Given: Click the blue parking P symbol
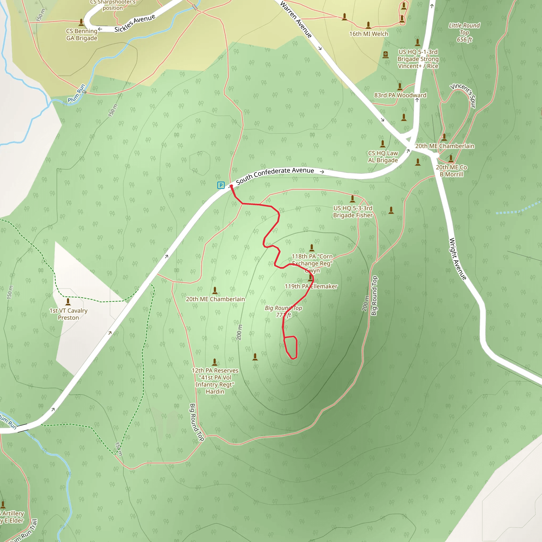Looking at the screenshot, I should click(x=221, y=185).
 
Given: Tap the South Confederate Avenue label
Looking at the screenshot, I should click(x=275, y=175).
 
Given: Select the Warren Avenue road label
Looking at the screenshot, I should click(x=296, y=20).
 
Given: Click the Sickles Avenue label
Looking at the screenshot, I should click(x=135, y=23).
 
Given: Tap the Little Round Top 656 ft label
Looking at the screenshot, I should click(x=464, y=33).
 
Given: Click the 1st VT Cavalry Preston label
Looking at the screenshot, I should click(x=69, y=314).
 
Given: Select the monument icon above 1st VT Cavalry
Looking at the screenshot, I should click(x=68, y=302).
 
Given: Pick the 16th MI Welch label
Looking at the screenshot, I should click(x=369, y=34).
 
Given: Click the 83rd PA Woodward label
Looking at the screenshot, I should click(x=400, y=95).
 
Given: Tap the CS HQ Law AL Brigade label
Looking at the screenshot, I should click(x=383, y=157).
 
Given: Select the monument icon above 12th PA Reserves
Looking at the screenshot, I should click(x=215, y=362).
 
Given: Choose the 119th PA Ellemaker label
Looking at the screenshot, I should click(x=311, y=286).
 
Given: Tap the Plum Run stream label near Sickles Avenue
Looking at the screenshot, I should click(x=76, y=94).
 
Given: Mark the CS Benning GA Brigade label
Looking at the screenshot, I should click(x=82, y=34).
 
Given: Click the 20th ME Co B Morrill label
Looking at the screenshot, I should click(x=451, y=171).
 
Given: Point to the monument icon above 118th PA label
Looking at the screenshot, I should click(x=312, y=248).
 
